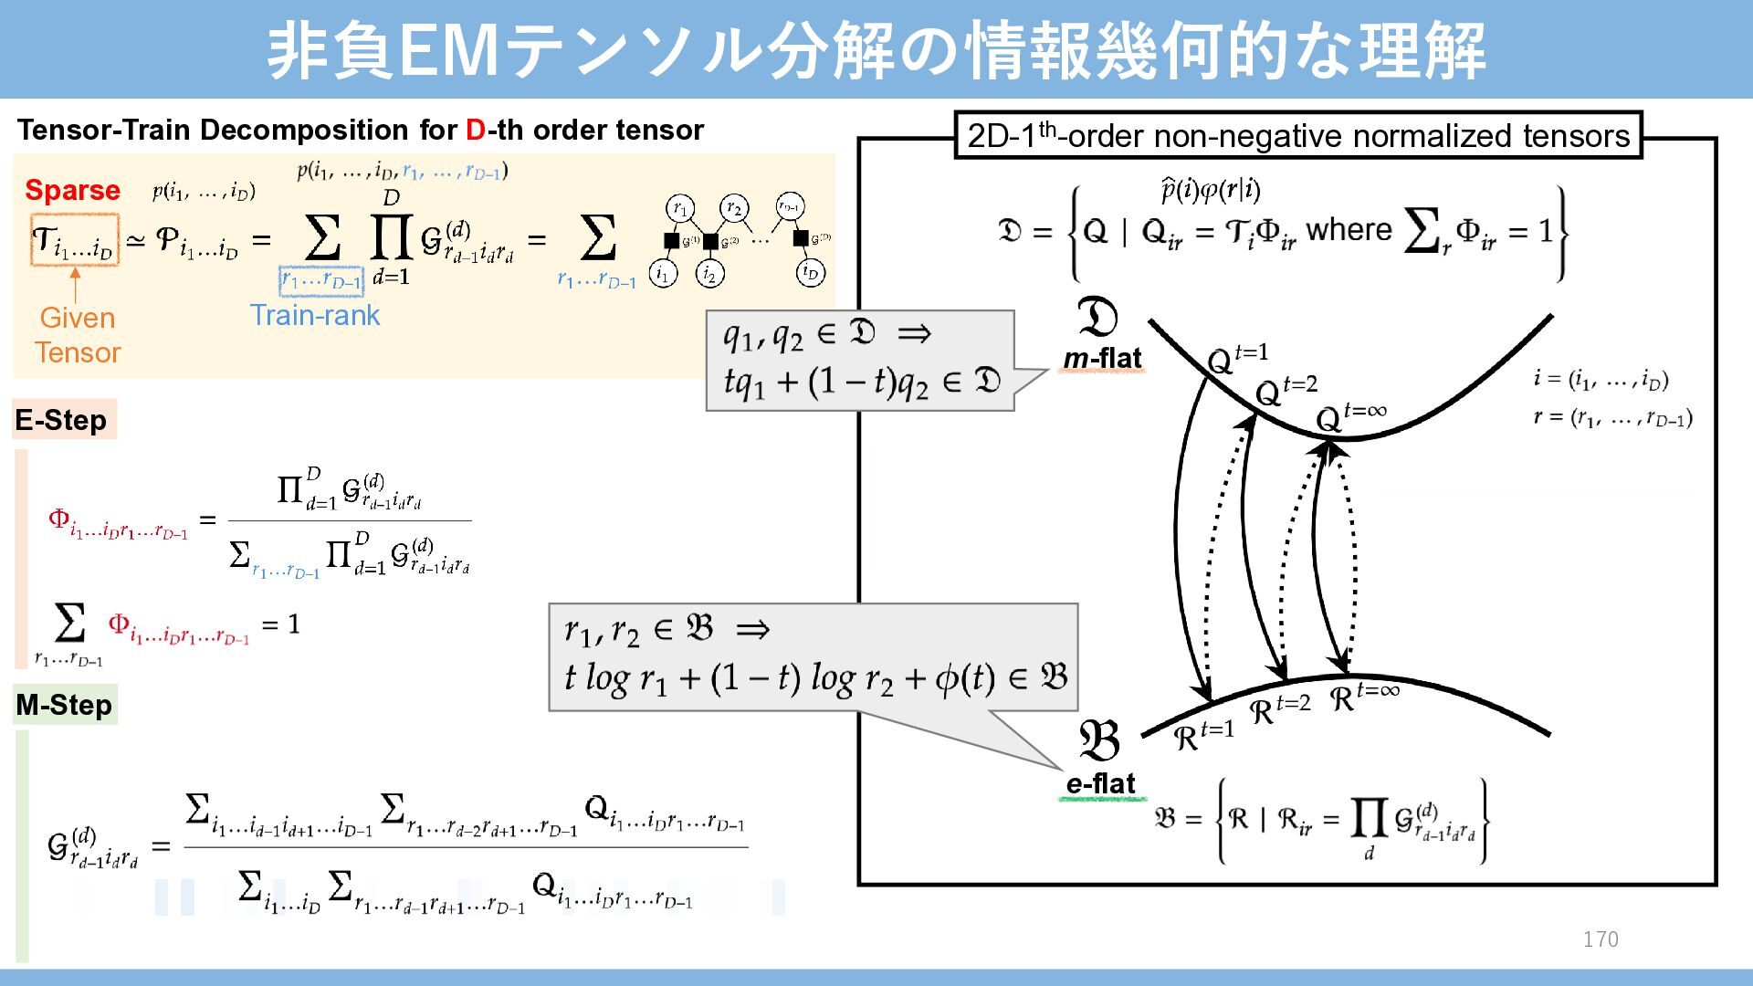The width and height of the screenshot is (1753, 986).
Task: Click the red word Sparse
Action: tap(72, 190)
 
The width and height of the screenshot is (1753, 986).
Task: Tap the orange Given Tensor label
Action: tap(78, 335)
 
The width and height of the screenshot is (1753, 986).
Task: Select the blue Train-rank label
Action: tap(314, 315)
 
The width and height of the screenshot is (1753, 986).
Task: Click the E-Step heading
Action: tap(61, 420)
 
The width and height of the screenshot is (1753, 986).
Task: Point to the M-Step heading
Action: tap(64, 705)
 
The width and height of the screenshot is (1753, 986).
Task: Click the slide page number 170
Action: tap(1601, 939)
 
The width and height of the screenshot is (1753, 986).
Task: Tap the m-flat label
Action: tap(1102, 358)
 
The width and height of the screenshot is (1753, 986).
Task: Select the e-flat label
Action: tap(1100, 783)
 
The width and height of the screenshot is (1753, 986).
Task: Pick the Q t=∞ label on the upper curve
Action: tap(1350, 416)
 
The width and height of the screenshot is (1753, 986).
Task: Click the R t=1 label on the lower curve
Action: tap(1202, 734)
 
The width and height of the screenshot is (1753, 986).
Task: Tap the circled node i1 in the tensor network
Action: tap(663, 272)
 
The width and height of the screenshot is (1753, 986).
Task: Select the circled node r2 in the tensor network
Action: tap(734, 208)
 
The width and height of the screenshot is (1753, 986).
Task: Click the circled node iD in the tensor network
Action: tap(810, 272)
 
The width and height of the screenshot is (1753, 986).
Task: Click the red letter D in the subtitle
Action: tap(475, 131)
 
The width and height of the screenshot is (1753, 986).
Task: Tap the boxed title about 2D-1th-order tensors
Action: tap(1297, 136)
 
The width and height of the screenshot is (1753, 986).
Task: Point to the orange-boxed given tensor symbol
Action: tap(75, 240)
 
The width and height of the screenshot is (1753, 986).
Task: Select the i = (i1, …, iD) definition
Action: tap(1601, 378)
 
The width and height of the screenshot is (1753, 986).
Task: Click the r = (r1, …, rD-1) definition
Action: tap(1612, 418)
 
